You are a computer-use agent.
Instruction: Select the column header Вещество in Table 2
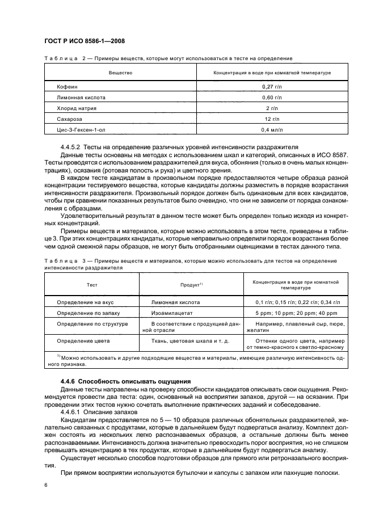tap(120, 73)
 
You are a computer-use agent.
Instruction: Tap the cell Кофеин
tap(66, 86)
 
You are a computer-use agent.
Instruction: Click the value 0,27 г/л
tap(272, 86)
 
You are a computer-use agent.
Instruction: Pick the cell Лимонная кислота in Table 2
tap(81, 97)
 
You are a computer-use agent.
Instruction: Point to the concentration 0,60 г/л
tap(272, 97)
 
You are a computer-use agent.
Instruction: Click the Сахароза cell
tap(70, 119)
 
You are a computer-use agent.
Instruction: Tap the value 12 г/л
tap(272, 119)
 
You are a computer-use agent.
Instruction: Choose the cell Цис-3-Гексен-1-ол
tap(82, 129)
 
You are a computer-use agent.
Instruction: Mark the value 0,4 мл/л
tap(272, 129)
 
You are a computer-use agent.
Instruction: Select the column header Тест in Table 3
tap(92, 285)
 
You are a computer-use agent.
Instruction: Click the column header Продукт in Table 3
tap(192, 285)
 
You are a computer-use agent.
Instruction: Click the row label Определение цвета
tap(83, 341)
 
